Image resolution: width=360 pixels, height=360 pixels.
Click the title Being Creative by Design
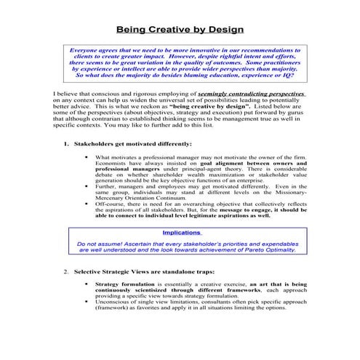point(180,30)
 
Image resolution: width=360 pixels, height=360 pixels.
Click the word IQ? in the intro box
point(278,75)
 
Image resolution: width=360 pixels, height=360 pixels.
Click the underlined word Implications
point(181,233)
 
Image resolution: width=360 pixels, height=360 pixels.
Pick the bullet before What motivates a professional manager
point(87,156)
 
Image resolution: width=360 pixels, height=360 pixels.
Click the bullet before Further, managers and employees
point(87,185)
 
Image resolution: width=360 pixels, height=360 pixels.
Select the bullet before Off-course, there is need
point(87,204)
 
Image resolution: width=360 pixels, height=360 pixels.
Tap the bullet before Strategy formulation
point(87,284)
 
